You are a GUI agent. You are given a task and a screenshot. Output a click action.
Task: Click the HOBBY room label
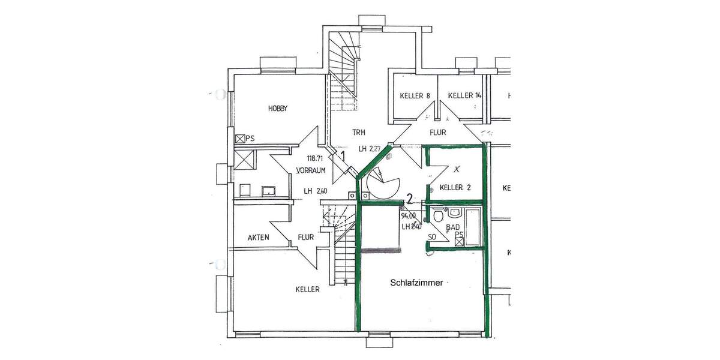278,109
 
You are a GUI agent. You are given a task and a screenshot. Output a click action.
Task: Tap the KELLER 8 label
415,95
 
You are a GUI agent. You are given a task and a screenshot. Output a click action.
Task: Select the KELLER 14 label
464,95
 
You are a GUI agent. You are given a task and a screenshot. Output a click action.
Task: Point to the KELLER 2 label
455,188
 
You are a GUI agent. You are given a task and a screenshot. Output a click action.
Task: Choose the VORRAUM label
311,170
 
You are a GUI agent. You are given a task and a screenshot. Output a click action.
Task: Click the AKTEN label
258,238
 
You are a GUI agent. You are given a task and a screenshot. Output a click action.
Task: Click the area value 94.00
408,215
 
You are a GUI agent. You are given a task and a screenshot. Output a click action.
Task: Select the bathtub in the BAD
473,226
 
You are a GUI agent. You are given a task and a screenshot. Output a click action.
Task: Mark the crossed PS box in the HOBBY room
240,139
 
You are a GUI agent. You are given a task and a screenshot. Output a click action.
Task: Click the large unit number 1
342,156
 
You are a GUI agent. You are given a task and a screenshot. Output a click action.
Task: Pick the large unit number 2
409,199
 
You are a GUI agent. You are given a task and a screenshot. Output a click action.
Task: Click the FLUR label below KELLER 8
437,133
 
